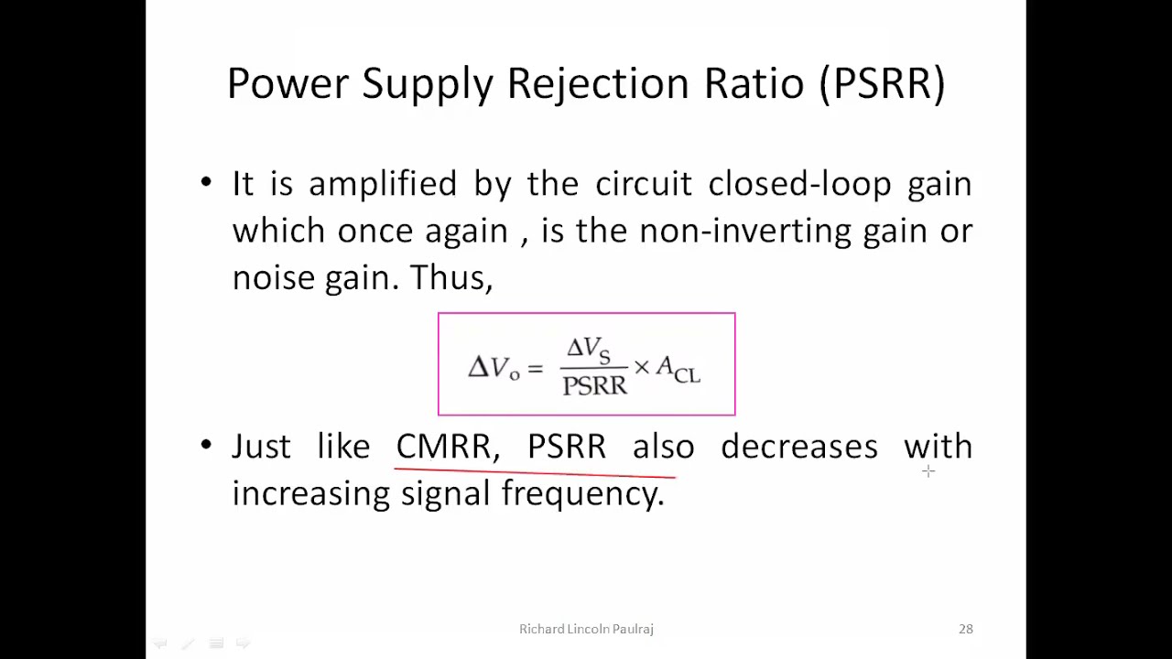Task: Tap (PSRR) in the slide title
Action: click(x=882, y=83)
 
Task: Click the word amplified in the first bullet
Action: click(x=382, y=184)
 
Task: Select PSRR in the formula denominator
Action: click(x=594, y=385)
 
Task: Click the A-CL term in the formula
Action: click(x=678, y=370)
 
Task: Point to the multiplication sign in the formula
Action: click(x=641, y=367)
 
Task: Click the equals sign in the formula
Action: click(x=535, y=368)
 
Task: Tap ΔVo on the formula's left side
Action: click(x=494, y=368)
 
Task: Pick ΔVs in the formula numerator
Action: click(x=588, y=350)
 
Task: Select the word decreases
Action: click(x=798, y=447)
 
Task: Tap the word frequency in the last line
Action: click(x=581, y=494)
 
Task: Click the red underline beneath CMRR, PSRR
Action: click(x=535, y=473)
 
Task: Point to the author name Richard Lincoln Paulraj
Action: click(x=586, y=629)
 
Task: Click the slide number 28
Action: click(x=966, y=629)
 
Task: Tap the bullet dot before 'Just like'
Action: click(x=205, y=446)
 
